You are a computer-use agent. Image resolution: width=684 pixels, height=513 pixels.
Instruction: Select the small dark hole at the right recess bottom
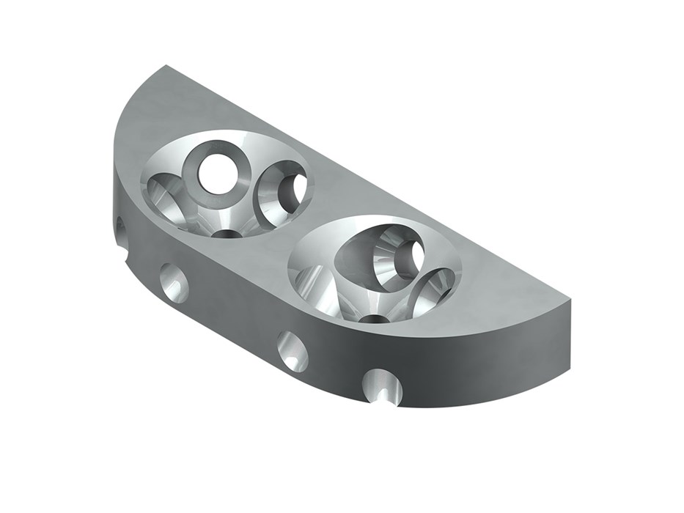pyautogui.click(x=375, y=319)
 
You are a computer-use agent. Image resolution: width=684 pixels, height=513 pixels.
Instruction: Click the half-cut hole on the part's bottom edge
pyautogui.click(x=383, y=386)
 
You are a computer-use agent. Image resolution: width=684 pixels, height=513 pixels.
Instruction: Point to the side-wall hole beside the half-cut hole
pyautogui.click(x=293, y=351)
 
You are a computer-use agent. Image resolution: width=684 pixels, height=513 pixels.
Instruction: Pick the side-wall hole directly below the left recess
pyautogui.click(x=174, y=282)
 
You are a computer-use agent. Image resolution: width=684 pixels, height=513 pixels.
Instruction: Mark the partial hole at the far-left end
pyautogui.click(x=119, y=229)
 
